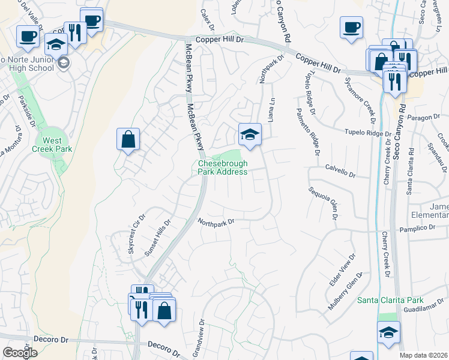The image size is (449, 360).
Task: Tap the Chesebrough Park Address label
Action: point(223,167)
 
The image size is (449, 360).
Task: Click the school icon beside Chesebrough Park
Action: point(250,135)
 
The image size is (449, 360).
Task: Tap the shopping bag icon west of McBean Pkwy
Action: point(128,140)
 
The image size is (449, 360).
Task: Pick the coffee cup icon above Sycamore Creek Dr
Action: point(351,28)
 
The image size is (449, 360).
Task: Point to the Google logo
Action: point(20,353)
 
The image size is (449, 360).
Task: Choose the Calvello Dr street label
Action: point(340,172)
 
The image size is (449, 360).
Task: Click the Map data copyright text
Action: point(423,355)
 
